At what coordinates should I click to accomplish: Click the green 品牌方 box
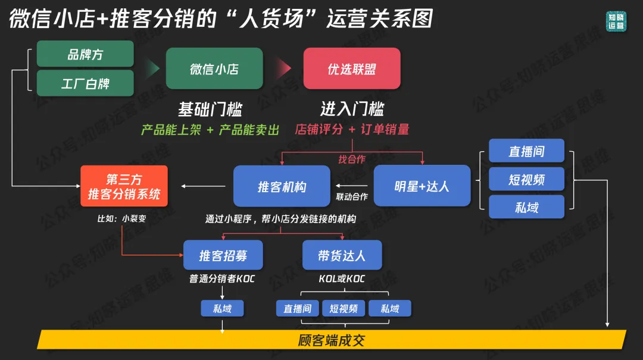pyautogui.click(x=85, y=54)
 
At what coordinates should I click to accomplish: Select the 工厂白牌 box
pyautogui.click(x=85, y=83)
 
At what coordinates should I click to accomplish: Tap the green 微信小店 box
pyautogui.click(x=214, y=68)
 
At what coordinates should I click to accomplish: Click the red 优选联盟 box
pyautogui.click(x=352, y=68)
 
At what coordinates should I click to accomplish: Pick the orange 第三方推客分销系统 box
pyautogui.click(x=124, y=186)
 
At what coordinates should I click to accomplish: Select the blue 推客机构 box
pyautogui.click(x=282, y=186)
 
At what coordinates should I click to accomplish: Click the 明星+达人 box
pyautogui.click(x=422, y=186)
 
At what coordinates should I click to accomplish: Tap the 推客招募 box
pyautogui.click(x=223, y=256)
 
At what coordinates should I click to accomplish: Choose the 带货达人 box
pyautogui.click(x=342, y=256)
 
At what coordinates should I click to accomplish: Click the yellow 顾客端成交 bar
pyautogui.click(x=331, y=340)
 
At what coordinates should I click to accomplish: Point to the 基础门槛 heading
pyautogui.click(x=210, y=109)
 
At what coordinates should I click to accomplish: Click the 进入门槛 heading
pyautogui.click(x=352, y=109)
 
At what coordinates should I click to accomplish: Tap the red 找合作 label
pyautogui.click(x=352, y=159)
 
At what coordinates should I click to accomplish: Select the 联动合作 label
pyautogui.click(x=352, y=196)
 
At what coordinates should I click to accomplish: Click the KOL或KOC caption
pyautogui.click(x=342, y=278)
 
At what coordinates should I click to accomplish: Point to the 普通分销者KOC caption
pyautogui.click(x=222, y=278)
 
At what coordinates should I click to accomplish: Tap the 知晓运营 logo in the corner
pyautogui.click(x=616, y=21)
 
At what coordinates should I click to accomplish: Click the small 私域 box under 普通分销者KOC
pyautogui.click(x=222, y=308)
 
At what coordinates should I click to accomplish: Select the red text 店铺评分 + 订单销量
pyautogui.click(x=352, y=129)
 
